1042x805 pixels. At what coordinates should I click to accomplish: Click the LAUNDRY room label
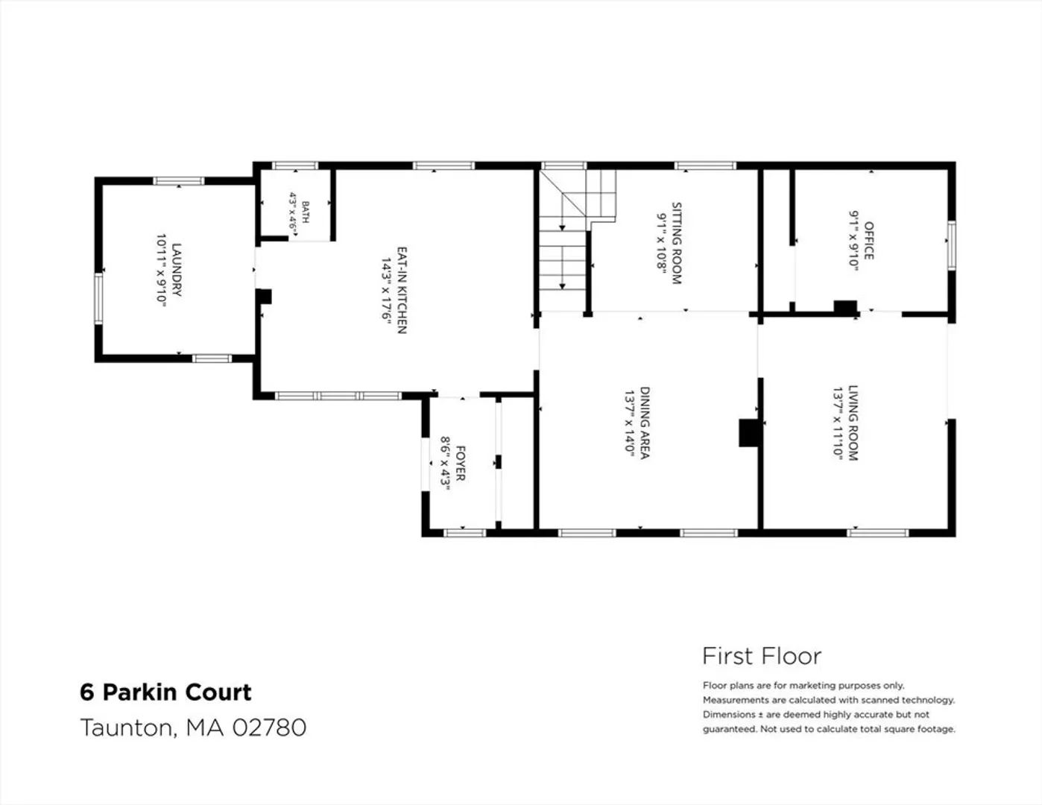click(x=177, y=270)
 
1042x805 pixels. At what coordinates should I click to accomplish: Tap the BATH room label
click(x=306, y=212)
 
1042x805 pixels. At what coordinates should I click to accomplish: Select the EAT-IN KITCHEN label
click(x=402, y=290)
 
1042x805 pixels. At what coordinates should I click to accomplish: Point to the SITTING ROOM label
click(x=676, y=244)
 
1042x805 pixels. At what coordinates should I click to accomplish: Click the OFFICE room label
click(x=868, y=241)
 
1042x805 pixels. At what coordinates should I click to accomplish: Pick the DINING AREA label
click(x=645, y=423)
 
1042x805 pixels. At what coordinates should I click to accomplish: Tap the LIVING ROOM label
click(x=853, y=423)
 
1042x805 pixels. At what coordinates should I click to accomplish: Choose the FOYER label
click(x=460, y=463)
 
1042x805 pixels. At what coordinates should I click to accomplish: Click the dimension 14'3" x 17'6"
click(x=387, y=291)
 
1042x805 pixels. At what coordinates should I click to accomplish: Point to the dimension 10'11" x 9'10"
click(x=161, y=271)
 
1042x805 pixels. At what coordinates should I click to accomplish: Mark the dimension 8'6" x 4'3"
click(x=445, y=464)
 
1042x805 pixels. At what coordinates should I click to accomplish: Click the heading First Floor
click(x=762, y=656)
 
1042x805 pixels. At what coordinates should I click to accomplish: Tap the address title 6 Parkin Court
click(x=165, y=692)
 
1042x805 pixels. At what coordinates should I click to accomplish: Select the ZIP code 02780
click(x=270, y=727)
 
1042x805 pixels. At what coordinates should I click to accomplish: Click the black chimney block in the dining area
click(x=749, y=433)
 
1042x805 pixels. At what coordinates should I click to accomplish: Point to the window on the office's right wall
click(x=951, y=245)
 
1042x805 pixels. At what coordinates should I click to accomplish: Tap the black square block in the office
click(x=845, y=307)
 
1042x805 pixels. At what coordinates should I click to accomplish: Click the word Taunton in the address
click(x=126, y=727)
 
